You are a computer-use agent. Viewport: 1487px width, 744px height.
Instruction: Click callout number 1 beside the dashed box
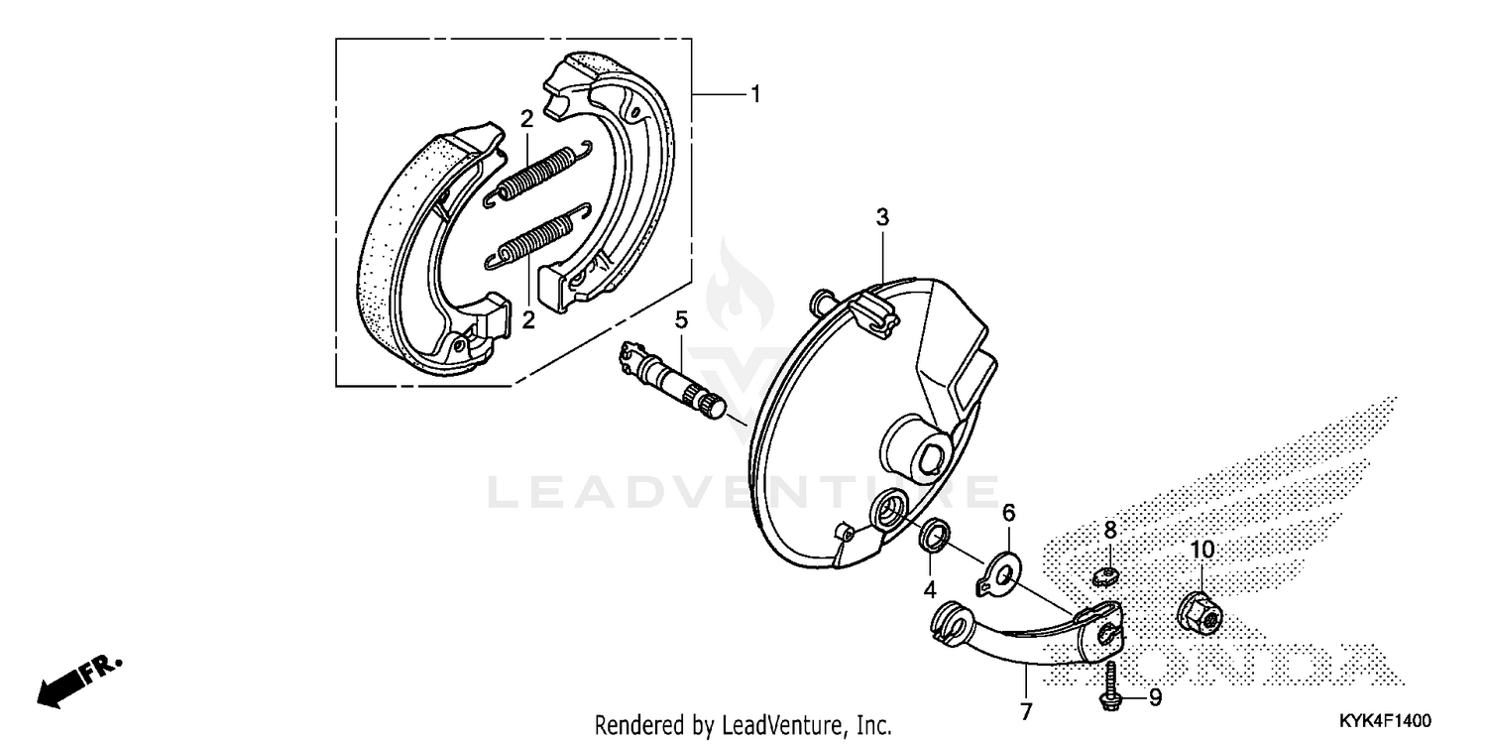pyautogui.click(x=755, y=95)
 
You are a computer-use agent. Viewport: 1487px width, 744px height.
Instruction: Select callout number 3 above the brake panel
pyautogui.click(x=882, y=217)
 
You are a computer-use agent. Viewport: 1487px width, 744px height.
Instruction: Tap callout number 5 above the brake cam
pyautogui.click(x=681, y=319)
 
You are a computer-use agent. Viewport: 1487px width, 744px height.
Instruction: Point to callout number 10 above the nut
pyautogui.click(x=1201, y=550)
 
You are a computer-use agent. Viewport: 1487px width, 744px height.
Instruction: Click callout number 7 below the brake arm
pyautogui.click(x=1026, y=711)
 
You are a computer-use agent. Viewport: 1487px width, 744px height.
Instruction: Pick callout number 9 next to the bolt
pyautogui.click(x=1155, y=698)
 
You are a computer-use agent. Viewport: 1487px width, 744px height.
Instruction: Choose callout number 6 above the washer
pyautogui.click(x=1009, y=513)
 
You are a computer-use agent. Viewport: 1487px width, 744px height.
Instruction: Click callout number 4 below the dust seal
pyautogui.click(x=930, y=588)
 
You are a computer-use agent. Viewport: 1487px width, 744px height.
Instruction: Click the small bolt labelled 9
pyautogui.click(x=1110, y=687)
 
